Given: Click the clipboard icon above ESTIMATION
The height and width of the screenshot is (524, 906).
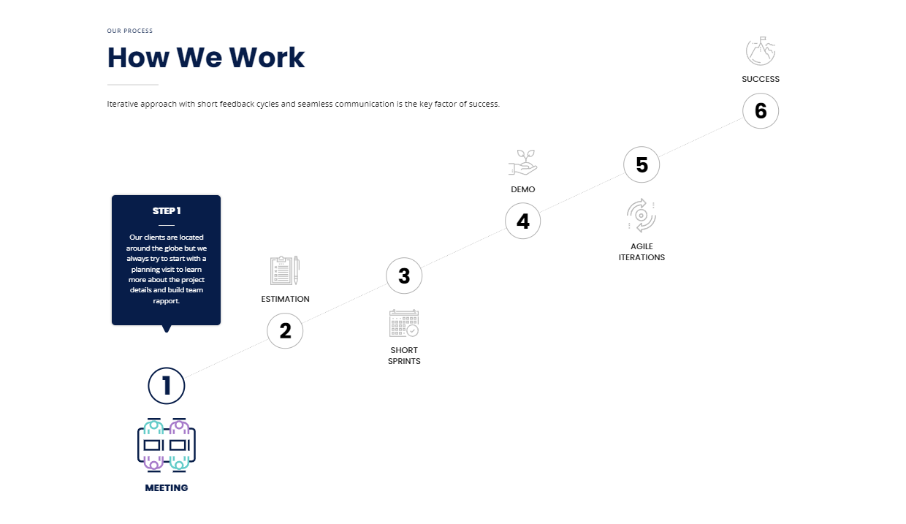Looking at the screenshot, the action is pyautogui.click(x=285, y=270).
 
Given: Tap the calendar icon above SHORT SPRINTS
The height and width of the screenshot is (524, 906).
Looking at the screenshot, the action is pyautogui.click(x=403, y=323).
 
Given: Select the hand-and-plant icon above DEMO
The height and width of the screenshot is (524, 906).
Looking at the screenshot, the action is pyautogui.click(x=522, y=162).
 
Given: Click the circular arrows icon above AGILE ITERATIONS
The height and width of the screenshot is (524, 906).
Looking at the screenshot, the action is pyautogui.click(x=642, y=216).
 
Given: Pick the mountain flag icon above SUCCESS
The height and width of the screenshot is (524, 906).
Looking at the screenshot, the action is pyautogui.click(x=761, y=51).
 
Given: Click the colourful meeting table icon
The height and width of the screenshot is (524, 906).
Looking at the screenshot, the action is pyautogui.click(x=167, y=445).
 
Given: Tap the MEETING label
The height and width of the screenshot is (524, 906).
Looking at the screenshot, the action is pyautogui.click(x=167, y=488).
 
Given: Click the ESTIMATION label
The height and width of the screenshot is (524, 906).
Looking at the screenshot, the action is pyautogui.click(x=285, y=299).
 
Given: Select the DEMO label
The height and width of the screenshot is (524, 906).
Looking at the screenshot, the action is pyautogui.click(x=522, y=189).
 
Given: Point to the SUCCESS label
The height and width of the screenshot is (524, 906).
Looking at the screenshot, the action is pyautogui.click(x=761, y=79).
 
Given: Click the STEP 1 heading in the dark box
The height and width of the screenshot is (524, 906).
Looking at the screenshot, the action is pyautogui.click(x=167, y=210).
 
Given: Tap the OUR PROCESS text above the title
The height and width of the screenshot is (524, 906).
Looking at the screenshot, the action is pyautogui.click(x=130, y=31).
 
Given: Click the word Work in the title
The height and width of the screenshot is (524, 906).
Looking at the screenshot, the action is pyautogui.click(x=267, y=58).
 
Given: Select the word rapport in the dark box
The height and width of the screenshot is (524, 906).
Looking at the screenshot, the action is pyautogui.click(x=166, y=301).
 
